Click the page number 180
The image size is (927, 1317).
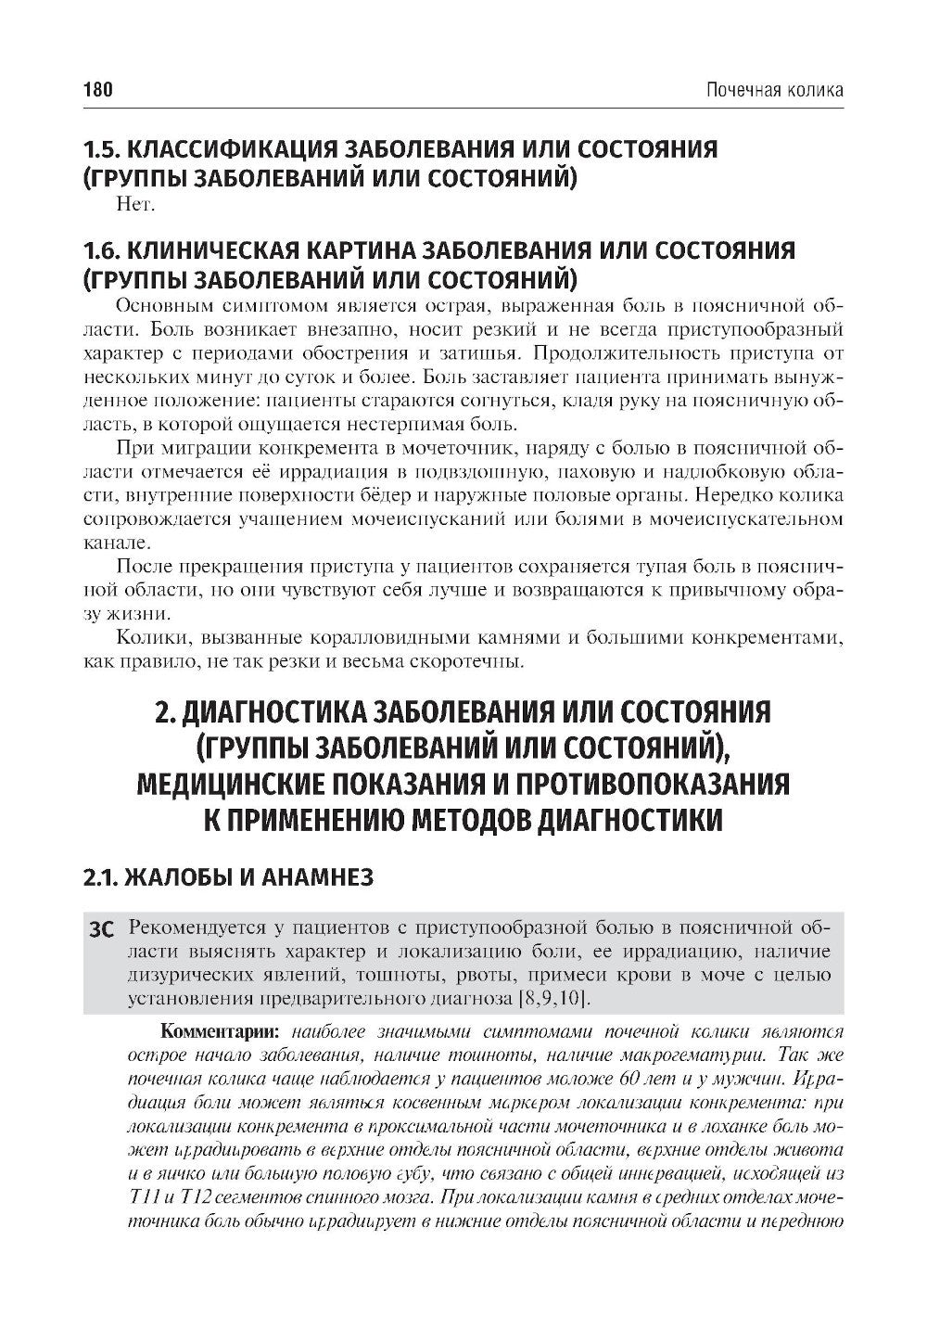(x=97, y=90)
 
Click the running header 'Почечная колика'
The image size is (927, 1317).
(x=775, y=90)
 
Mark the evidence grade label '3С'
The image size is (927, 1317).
(x=98, y=927)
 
